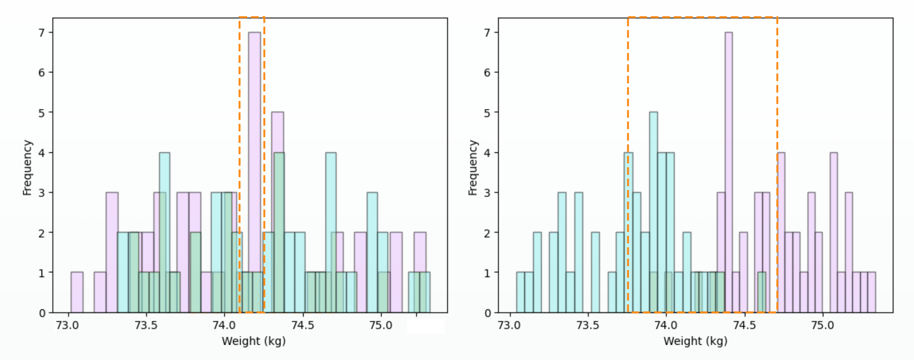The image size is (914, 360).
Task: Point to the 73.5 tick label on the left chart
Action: [x=146, y=325]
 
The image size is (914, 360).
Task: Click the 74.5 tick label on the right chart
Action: [x=744, y=325]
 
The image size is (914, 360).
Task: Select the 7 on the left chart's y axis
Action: [x=42, y=33]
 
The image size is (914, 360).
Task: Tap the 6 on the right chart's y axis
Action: [x=487, y=73]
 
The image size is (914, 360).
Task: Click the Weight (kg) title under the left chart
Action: [x=254, y=341]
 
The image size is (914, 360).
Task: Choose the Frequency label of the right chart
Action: [x=473, y=168]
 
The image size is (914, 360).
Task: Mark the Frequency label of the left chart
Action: [x=27, y=168]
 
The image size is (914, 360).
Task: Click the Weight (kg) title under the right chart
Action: [x=695, y=341]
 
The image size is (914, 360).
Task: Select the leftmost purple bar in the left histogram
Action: [x=77, y=292]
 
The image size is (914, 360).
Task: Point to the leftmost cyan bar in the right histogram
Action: [x=520, y=292]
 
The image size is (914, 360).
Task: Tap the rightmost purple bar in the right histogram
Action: [x=871, y=292]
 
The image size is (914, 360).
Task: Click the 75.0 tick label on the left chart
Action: [x=381, y=325]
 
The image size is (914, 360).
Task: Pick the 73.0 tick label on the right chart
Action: [x=509, y=325]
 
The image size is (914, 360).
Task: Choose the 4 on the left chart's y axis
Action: [x=42, y=153]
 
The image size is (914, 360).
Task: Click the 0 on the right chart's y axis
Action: [x=487, y=313]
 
